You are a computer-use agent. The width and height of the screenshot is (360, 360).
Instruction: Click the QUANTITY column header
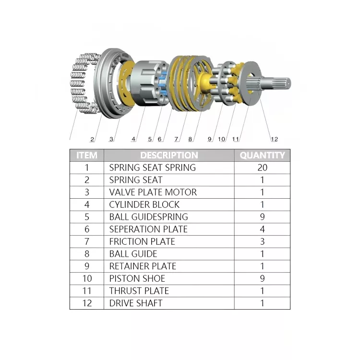[262, 156]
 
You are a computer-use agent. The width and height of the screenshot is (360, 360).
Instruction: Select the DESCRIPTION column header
[169, 156]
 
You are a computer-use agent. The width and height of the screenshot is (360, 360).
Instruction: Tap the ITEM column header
[87, 156]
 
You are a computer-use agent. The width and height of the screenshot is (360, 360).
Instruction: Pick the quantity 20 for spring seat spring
[262, 168]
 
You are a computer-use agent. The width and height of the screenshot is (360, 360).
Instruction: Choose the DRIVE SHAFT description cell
[136, 303]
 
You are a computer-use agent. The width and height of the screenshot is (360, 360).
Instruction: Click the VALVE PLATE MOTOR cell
[153, 192]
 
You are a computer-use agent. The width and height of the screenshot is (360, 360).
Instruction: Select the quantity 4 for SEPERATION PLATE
[262, 229]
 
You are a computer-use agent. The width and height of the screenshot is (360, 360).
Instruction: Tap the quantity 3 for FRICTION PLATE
[262, 241]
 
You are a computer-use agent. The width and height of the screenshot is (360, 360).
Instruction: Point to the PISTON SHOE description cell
[137, 278]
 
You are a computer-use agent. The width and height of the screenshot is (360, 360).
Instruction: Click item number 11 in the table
[87, 291]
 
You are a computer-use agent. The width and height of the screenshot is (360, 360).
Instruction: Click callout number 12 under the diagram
[274, 140]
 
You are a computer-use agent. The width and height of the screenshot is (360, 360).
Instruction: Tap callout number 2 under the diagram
[92, 140]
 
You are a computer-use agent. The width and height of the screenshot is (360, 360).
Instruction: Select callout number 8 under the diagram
[190, 140]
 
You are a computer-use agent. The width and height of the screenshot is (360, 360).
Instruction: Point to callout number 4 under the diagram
[133, 140]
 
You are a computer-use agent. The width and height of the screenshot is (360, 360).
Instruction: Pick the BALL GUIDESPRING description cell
[148, 217]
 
